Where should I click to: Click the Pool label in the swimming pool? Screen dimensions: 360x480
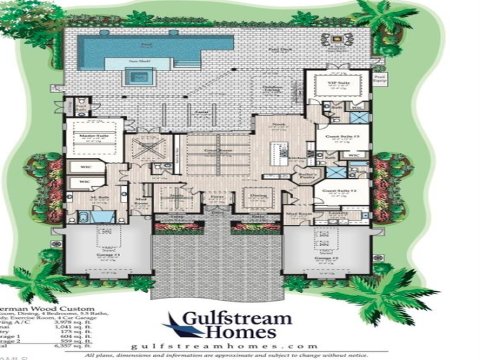[147, 45]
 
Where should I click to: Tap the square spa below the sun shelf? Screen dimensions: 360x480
[138, 76]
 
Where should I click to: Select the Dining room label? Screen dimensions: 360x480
[257, 195]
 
